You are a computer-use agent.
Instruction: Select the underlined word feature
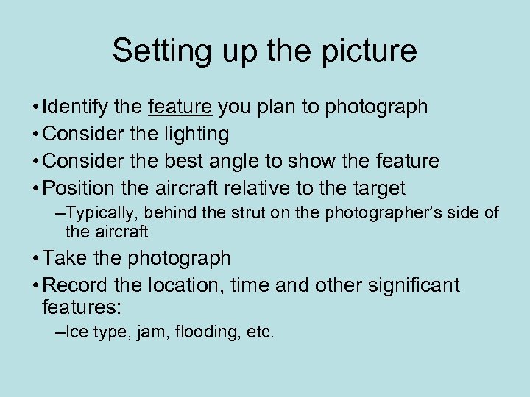[180, 107]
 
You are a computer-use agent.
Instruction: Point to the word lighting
[194, 135]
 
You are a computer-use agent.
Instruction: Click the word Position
[77, 188]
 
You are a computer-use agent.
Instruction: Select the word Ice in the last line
[74, 332]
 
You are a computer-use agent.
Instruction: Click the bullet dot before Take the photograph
[36, 259]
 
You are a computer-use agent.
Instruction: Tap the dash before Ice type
[60, 332]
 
